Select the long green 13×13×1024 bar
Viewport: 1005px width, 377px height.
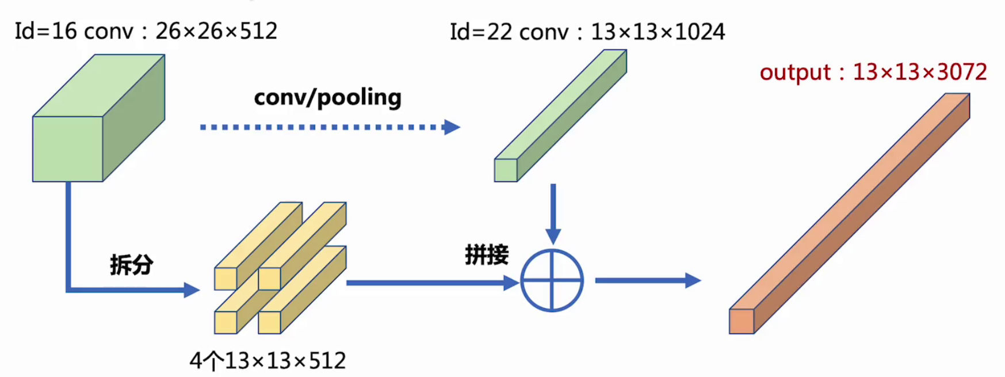pos(561,115)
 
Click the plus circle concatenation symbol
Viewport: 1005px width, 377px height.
pos(552,281)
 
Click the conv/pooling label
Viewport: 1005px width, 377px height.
pos(327,98)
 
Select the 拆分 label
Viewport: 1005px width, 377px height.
pos(131,265)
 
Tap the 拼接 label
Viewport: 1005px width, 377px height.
pos(487,254)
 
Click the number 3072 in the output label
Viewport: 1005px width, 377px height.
pos(962,73)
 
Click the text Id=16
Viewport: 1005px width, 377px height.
pos(45,31)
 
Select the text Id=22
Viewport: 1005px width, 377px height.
pos(481,32)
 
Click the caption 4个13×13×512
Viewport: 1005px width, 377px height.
pos(268,361)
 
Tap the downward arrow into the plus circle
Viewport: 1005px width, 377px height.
pos(553,213)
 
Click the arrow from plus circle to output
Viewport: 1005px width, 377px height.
pos(647,281)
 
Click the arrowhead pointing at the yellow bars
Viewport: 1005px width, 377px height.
pos(192,290)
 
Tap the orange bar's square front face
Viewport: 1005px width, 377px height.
pos(742,321)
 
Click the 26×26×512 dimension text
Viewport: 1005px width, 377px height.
pos(216,31)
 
